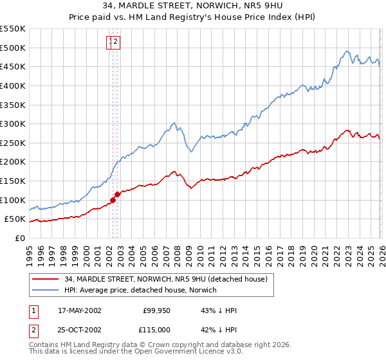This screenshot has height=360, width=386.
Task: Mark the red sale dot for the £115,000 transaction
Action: click(118, 194)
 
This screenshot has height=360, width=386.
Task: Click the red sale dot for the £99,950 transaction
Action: click(113, 200)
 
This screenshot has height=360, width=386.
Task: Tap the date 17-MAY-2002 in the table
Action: click(80, 310)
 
